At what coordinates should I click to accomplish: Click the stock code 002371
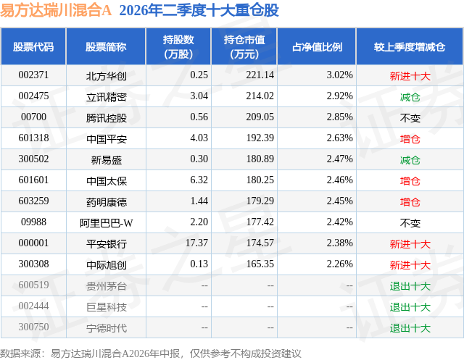pos(33,75)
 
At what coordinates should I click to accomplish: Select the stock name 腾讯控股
pos(107,118)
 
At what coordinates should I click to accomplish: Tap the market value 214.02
pos(260,96)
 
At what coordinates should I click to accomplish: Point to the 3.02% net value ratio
pos(340,75)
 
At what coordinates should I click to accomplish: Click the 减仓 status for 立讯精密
pos(410,97)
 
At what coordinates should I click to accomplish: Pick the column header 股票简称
pos(106,47)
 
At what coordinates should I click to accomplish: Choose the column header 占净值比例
pos(317,47)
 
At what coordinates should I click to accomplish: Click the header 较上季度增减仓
pos(410,47)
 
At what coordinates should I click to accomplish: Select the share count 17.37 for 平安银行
pos(196,243)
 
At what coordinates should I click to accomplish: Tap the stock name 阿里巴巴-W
pos(107,223)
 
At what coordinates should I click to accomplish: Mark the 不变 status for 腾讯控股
pos(410,118)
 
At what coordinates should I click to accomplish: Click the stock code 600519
pos(33,285)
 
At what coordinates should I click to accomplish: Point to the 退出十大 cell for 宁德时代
pos(410,328)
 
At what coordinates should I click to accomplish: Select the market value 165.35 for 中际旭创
pos(260,264)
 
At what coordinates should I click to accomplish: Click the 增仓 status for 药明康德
pos(410,202)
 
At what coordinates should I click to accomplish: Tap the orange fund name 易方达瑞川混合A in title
pos(56,10)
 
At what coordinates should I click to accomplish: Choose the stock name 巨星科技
pos(107,307)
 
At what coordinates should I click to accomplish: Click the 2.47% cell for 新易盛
pos(340,159)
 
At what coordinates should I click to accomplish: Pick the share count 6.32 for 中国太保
pos(199,180)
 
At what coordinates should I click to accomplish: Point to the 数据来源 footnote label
pos(20,353)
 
